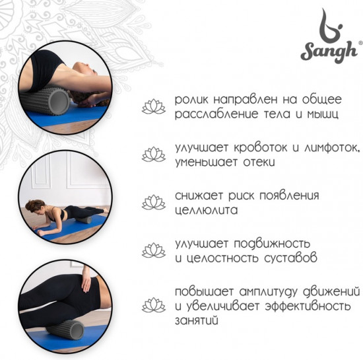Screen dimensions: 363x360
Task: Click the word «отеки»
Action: click(x=259, y=162)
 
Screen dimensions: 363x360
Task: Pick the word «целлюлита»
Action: click(x=207, y=210)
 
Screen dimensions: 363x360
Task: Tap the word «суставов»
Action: click(x=290, y=258)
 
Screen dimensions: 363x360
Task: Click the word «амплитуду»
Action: click(x=268, y=292)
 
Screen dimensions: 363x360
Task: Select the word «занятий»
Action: click(x=197, y=320)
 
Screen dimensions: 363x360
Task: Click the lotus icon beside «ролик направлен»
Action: click(x=154, y=106)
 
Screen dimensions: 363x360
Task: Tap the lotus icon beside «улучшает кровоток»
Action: click(x=154, y=155)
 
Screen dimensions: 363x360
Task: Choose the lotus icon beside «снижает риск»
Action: click(x=154, y=202)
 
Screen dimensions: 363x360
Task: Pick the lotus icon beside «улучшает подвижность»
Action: click(x=154, y=250)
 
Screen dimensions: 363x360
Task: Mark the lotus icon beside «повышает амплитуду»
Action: click(x=154, y=305)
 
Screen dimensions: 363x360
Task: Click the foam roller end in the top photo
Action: click(x=59, y=102)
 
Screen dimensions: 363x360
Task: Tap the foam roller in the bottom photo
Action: click(x=65, y=330)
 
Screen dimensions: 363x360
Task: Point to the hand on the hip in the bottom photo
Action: click(x=86, y=280)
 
